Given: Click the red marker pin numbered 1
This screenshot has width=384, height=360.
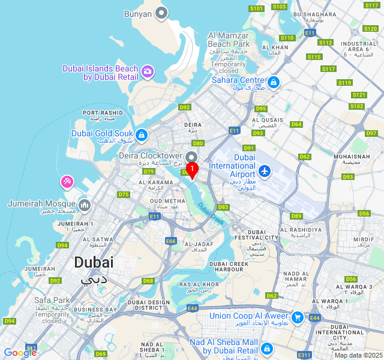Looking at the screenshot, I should (x=192, y=170).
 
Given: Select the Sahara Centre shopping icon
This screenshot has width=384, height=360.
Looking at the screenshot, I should (x=274, y=82).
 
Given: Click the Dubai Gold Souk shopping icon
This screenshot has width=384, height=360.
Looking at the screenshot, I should (x=142, y=135).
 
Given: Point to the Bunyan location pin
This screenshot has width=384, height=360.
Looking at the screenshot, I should (x=161, y=13).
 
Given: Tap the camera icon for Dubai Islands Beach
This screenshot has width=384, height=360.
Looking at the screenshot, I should (x=148, y=73).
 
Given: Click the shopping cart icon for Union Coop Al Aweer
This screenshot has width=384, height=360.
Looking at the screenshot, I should (x=297, y=317).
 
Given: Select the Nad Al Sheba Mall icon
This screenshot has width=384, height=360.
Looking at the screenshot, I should (x=267, y=348).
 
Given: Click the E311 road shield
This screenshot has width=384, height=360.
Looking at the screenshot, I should (x=305, y=355).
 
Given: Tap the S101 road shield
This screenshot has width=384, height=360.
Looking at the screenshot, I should (x=256, y=8).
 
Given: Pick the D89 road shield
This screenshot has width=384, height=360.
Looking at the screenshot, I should (x=296, y=216).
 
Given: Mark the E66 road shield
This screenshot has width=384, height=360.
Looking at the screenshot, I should (x=171, y=241).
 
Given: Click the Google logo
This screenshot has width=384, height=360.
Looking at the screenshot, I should (x=20, y=352).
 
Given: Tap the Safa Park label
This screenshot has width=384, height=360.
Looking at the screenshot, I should (x=52, y=300).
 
